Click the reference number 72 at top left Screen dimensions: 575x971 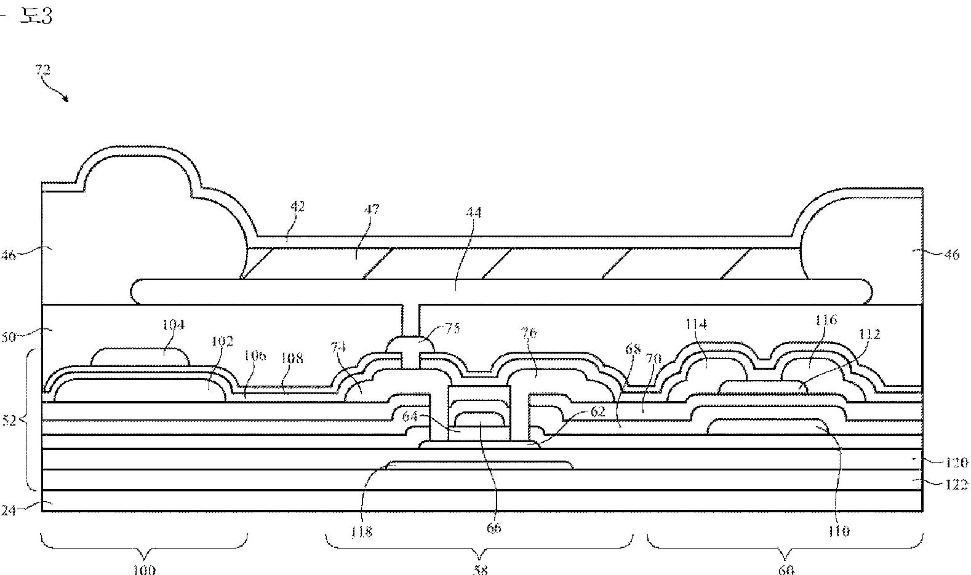(x=42, y=69)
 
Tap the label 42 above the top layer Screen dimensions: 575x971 (x=297, y=206)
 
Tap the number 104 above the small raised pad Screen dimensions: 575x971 (x=174, y=324)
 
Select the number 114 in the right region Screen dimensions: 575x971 (x=696, y=323)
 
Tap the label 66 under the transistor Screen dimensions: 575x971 (x=493, y=528)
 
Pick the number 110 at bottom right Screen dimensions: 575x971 (x=838, y=531)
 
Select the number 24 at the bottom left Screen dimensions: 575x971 (x=8, y=509)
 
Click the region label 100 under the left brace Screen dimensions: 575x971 (x=145, y=569)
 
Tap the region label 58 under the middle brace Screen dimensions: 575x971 (x=480, y=569)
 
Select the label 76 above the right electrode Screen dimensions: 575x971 (x=529, y=333)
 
